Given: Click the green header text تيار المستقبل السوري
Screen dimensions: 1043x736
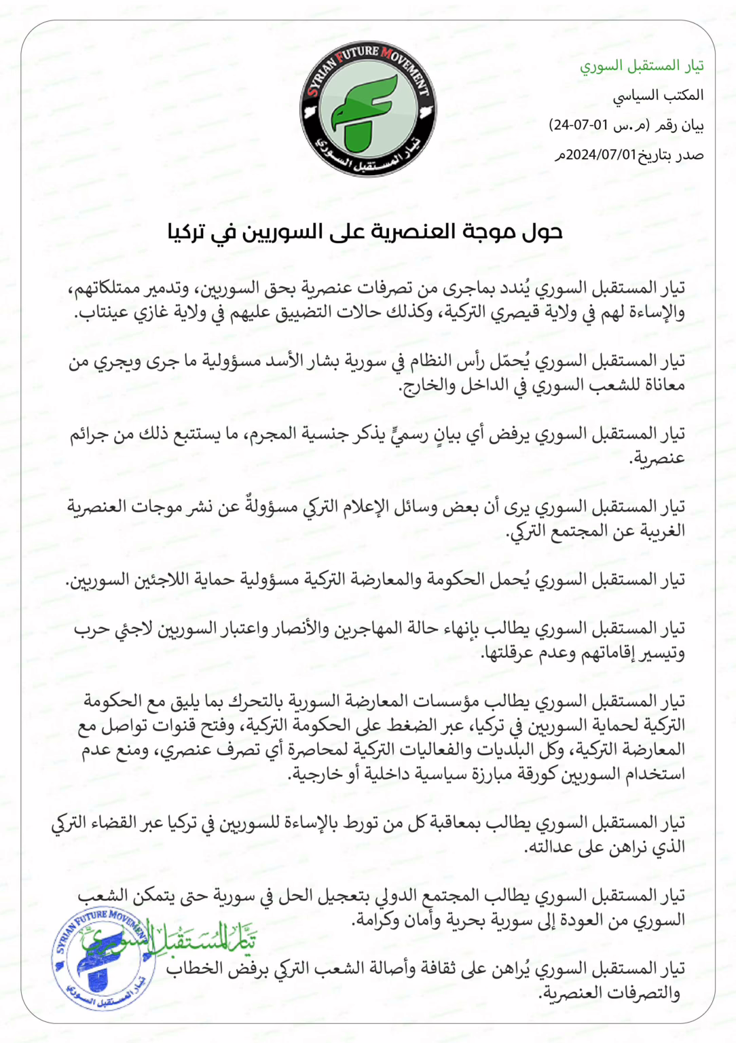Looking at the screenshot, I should pyautogui.click(x=641, y=65).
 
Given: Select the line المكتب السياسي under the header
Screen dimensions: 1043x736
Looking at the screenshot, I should pyautogui.click(x=658, y=95).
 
